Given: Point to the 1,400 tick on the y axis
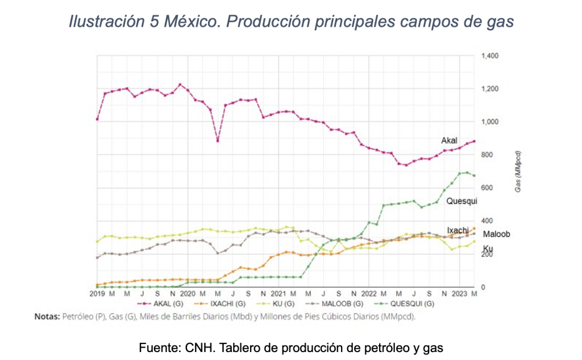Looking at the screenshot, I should pyautogui.click(x=489, y=56).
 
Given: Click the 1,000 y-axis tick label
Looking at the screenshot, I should pyautogui.click(x=489, y=122).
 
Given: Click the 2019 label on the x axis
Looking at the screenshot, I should pyautogui.click(x=98, y=294).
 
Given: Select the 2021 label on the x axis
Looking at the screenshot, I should pyautogui.click(x=278, y=294).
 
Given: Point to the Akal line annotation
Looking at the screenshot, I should pyautogui.click(x=450, y=140).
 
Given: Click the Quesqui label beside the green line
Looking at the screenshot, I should pyautogui.click(x=462, y=201).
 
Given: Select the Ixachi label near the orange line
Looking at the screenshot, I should pyautogui.click(x=458, y=230).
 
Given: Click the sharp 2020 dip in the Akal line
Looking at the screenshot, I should pyautogui.click(x=218, y=140).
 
